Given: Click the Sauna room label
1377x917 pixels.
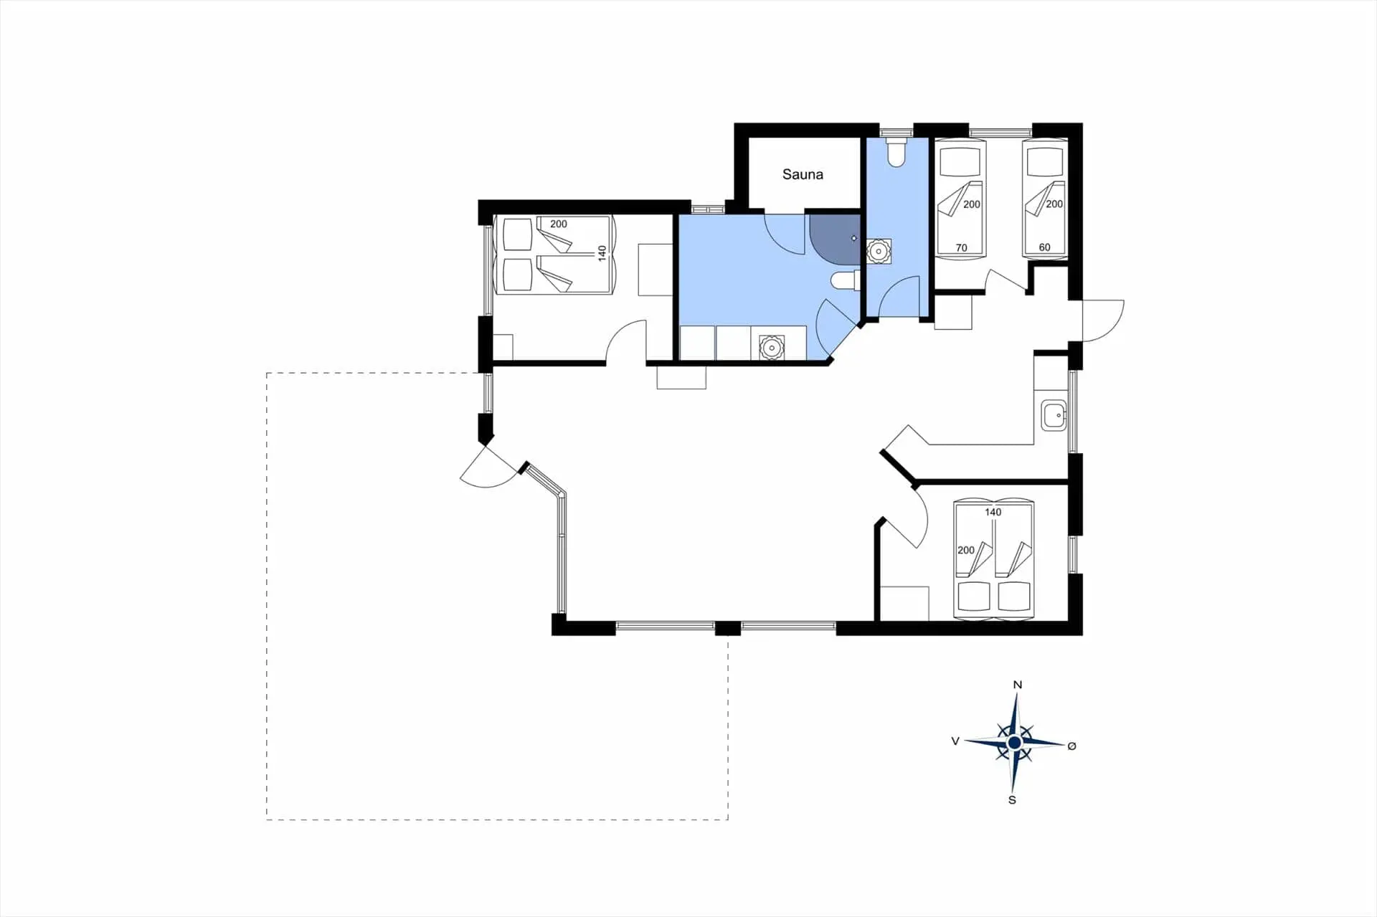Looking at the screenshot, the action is pos(803,174).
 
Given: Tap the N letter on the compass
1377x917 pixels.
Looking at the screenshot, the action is pos(1017,685).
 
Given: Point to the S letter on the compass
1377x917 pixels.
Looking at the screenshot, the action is pos(1012,800).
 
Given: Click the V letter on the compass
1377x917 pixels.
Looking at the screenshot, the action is pos(955,741).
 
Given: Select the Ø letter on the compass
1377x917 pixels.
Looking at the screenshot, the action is pos(1071,746).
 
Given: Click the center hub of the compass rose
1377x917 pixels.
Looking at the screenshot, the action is pos(1014,743).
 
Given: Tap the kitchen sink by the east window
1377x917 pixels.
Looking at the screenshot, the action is pos(1054,415).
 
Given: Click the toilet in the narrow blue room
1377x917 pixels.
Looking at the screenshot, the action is pos(896,152).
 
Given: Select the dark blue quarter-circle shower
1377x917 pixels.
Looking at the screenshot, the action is pos(835,239).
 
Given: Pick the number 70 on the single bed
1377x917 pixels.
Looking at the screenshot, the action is pos(961,248).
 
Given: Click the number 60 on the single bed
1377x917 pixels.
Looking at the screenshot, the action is pos(1044,247).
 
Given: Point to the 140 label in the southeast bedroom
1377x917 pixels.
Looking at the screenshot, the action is pos(993,512).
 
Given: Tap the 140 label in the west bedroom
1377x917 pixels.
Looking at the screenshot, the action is pos(602,253).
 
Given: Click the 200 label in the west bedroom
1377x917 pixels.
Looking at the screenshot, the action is pos(558,224).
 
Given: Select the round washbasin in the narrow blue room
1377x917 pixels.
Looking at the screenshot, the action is pos(879,251).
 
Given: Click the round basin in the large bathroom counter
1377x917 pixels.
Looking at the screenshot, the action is pos(771,348).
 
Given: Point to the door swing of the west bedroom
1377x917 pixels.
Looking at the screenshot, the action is pos(626,341).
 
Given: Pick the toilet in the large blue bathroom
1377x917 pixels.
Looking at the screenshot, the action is pos(845,280).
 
